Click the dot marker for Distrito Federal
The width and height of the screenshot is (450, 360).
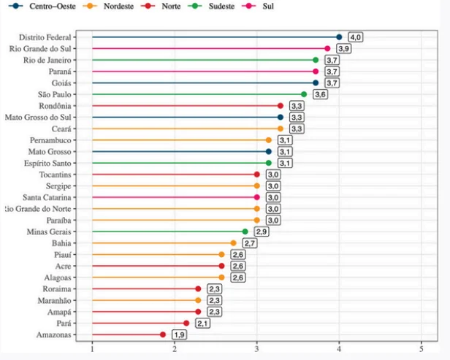(x=339, y=37)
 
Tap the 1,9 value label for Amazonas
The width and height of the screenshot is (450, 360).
(x=179, y=334)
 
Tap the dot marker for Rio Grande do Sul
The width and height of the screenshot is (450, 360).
(x=327, y=48)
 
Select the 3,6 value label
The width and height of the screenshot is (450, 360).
(x=320, y=94)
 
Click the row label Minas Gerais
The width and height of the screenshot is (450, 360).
(x=47, y=231)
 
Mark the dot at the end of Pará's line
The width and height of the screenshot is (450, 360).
(x=186, y=323)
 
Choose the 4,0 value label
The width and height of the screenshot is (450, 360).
(x=355, y=37)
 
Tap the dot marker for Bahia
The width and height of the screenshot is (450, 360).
(x=233, y=242)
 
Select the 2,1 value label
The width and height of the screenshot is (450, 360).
(x=202, y=323)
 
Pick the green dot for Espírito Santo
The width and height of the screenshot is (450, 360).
(x=268, y=163)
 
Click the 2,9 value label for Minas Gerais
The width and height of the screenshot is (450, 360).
(x=262, y=231)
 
